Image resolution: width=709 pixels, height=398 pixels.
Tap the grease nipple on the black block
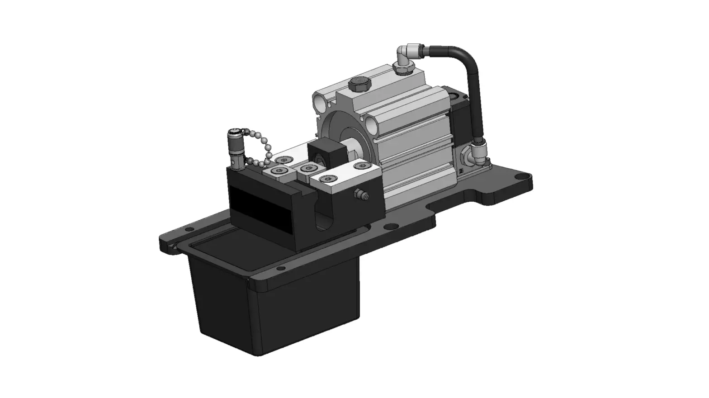click(x=361, y=195)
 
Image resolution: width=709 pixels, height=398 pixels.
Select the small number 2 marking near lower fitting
click(x=460, y=171)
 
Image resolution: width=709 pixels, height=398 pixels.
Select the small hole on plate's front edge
click(x=281, y=269)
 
